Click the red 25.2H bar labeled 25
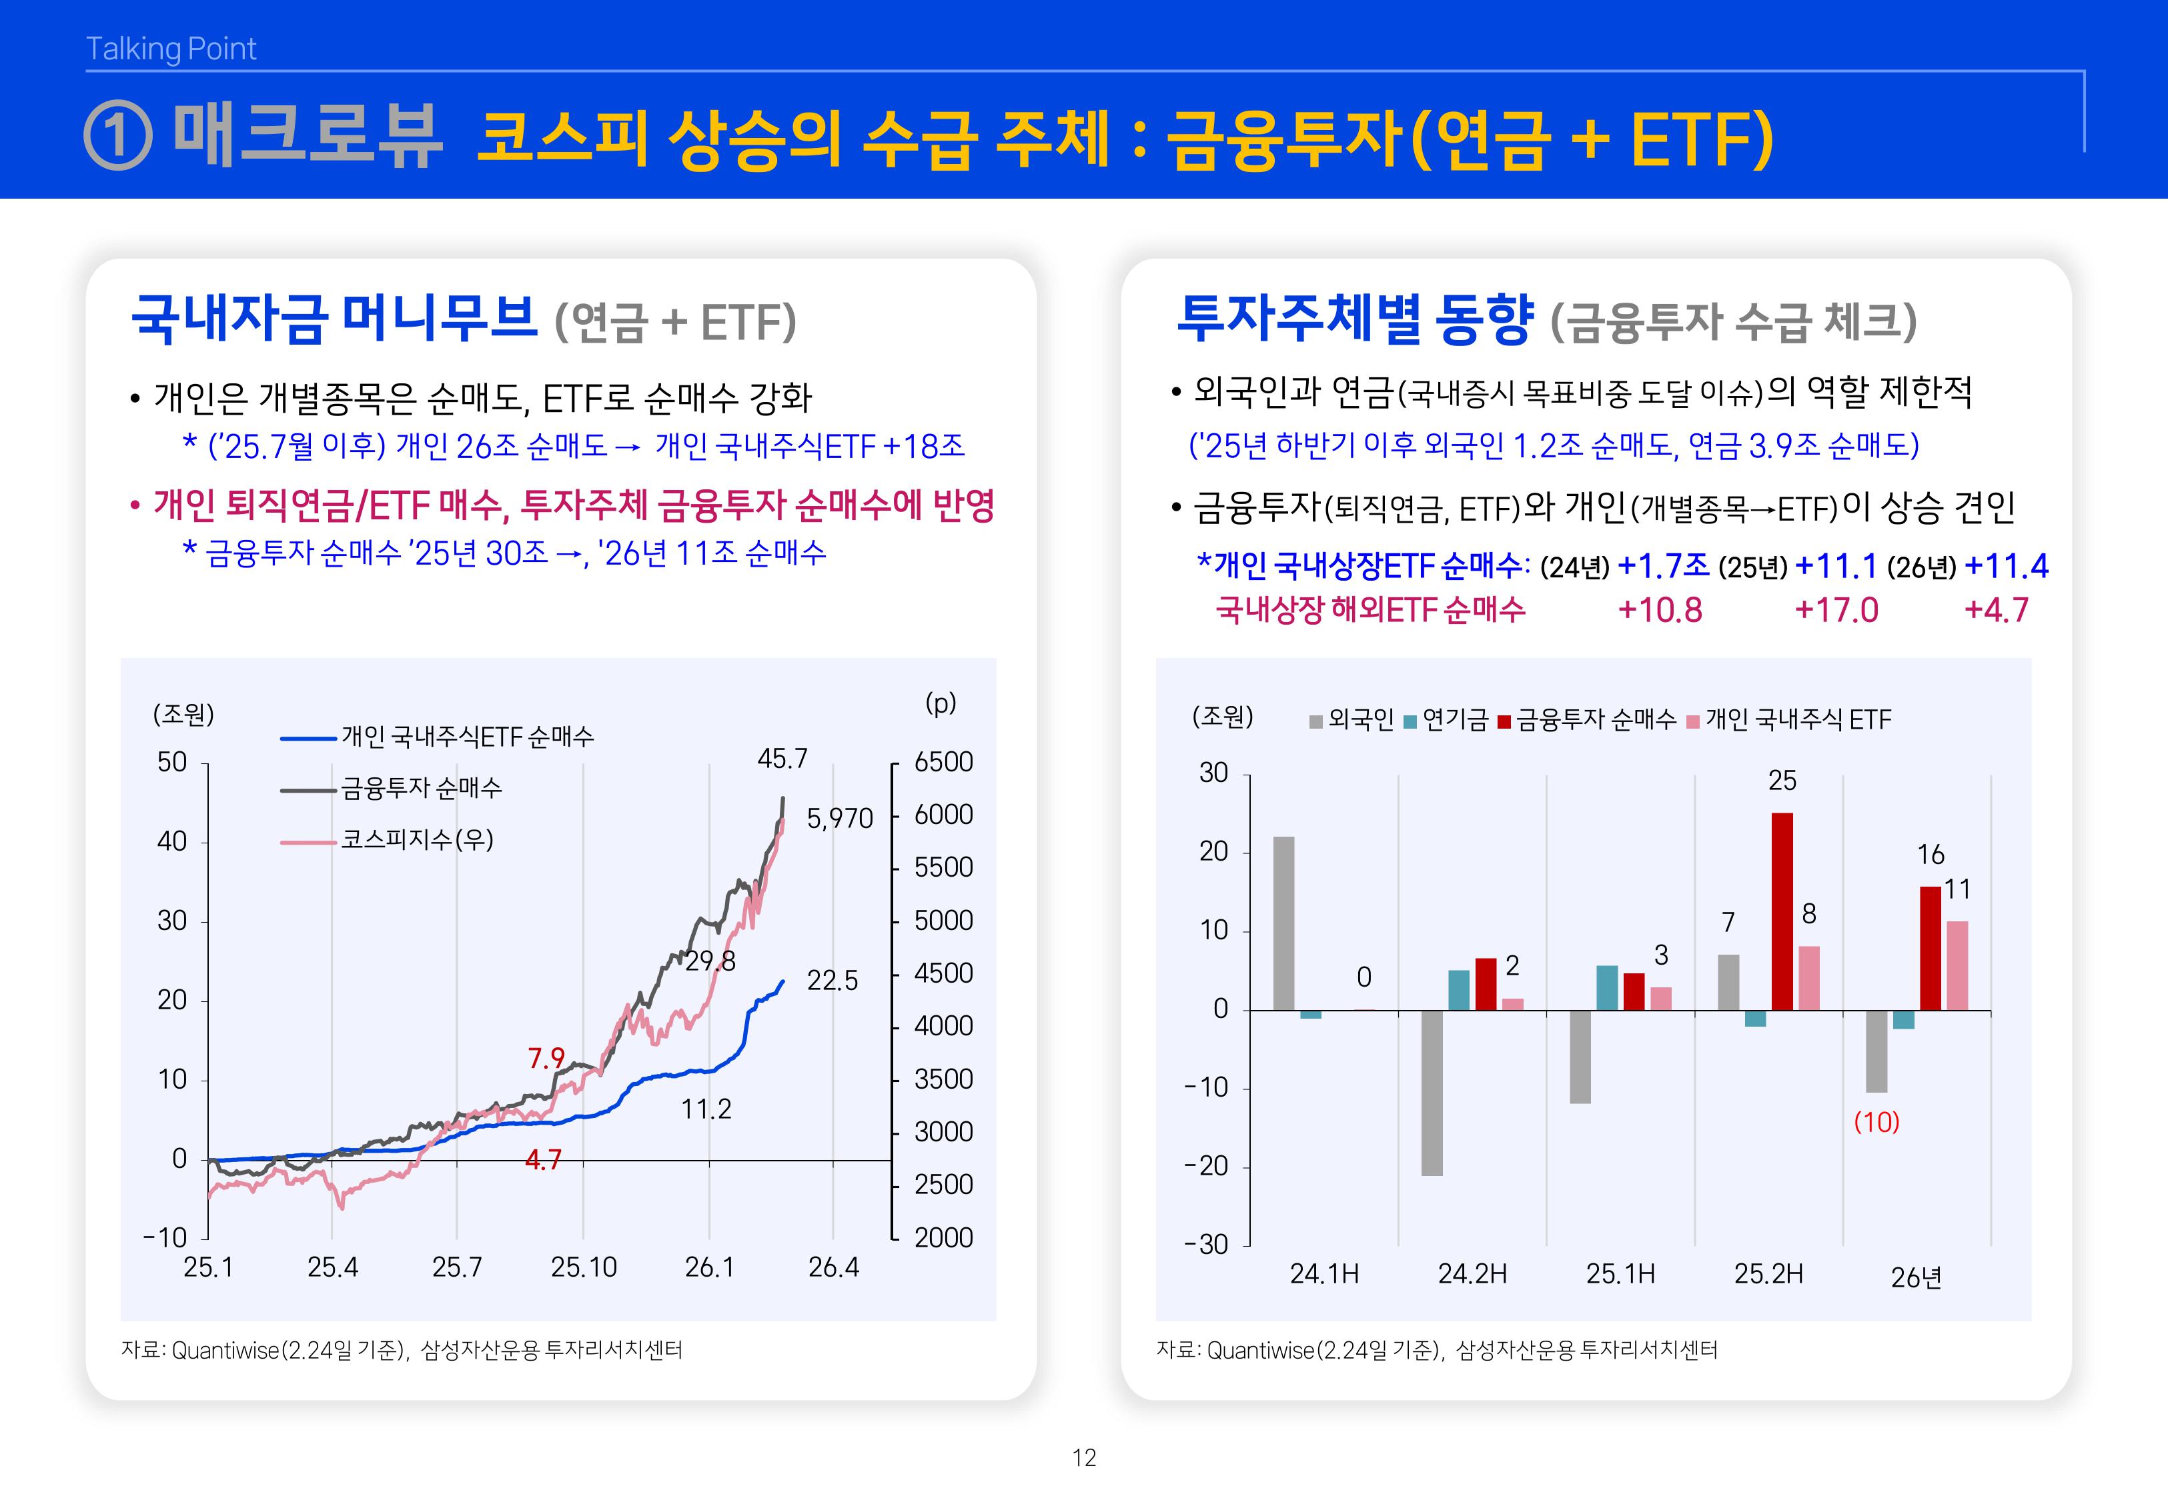click(1782, 911)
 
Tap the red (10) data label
click(1876, 1122)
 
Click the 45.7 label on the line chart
click(782, 759)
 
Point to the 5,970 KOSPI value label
click(840, 819)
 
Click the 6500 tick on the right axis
click(943, 761)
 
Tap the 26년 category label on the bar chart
click(1916, 1277)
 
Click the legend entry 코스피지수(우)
click(416, 839)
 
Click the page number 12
click(1084, 1458)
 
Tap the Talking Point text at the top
click(171, 49)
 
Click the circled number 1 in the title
click(119, 136)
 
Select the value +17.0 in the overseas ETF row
click(1836, 610)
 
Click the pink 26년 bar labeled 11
click(1957, 965)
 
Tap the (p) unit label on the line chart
click(940, 703)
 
